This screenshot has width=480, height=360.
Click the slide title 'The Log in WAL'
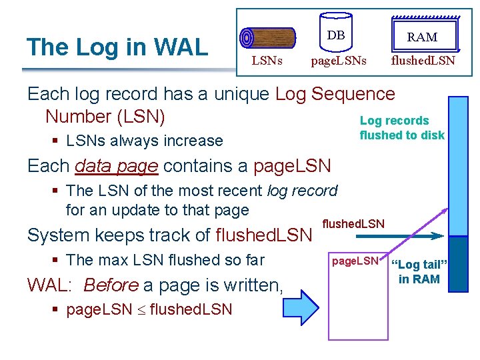click(x=117, y=47)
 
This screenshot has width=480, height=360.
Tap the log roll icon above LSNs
click(x=267, y=39)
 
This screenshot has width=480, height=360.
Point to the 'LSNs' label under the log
click(x=267, y=61)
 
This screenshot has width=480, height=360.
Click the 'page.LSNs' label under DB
click(x=339, y=61)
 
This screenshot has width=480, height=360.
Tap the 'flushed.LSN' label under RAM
click(x=423, y=61)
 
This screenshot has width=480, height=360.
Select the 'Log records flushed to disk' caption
click(x=401, y=128)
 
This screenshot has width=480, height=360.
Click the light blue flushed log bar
click(x=459, y=167)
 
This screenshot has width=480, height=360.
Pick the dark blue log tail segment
click(x=459, y=263)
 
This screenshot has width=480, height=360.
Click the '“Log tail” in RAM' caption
click(x=419, y=271)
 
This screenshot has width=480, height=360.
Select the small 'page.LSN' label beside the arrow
click(x=355, y=261)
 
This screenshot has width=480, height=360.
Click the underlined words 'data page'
click(x=117, y=165)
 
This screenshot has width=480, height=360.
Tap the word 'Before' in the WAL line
click(x=111, y=285)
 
